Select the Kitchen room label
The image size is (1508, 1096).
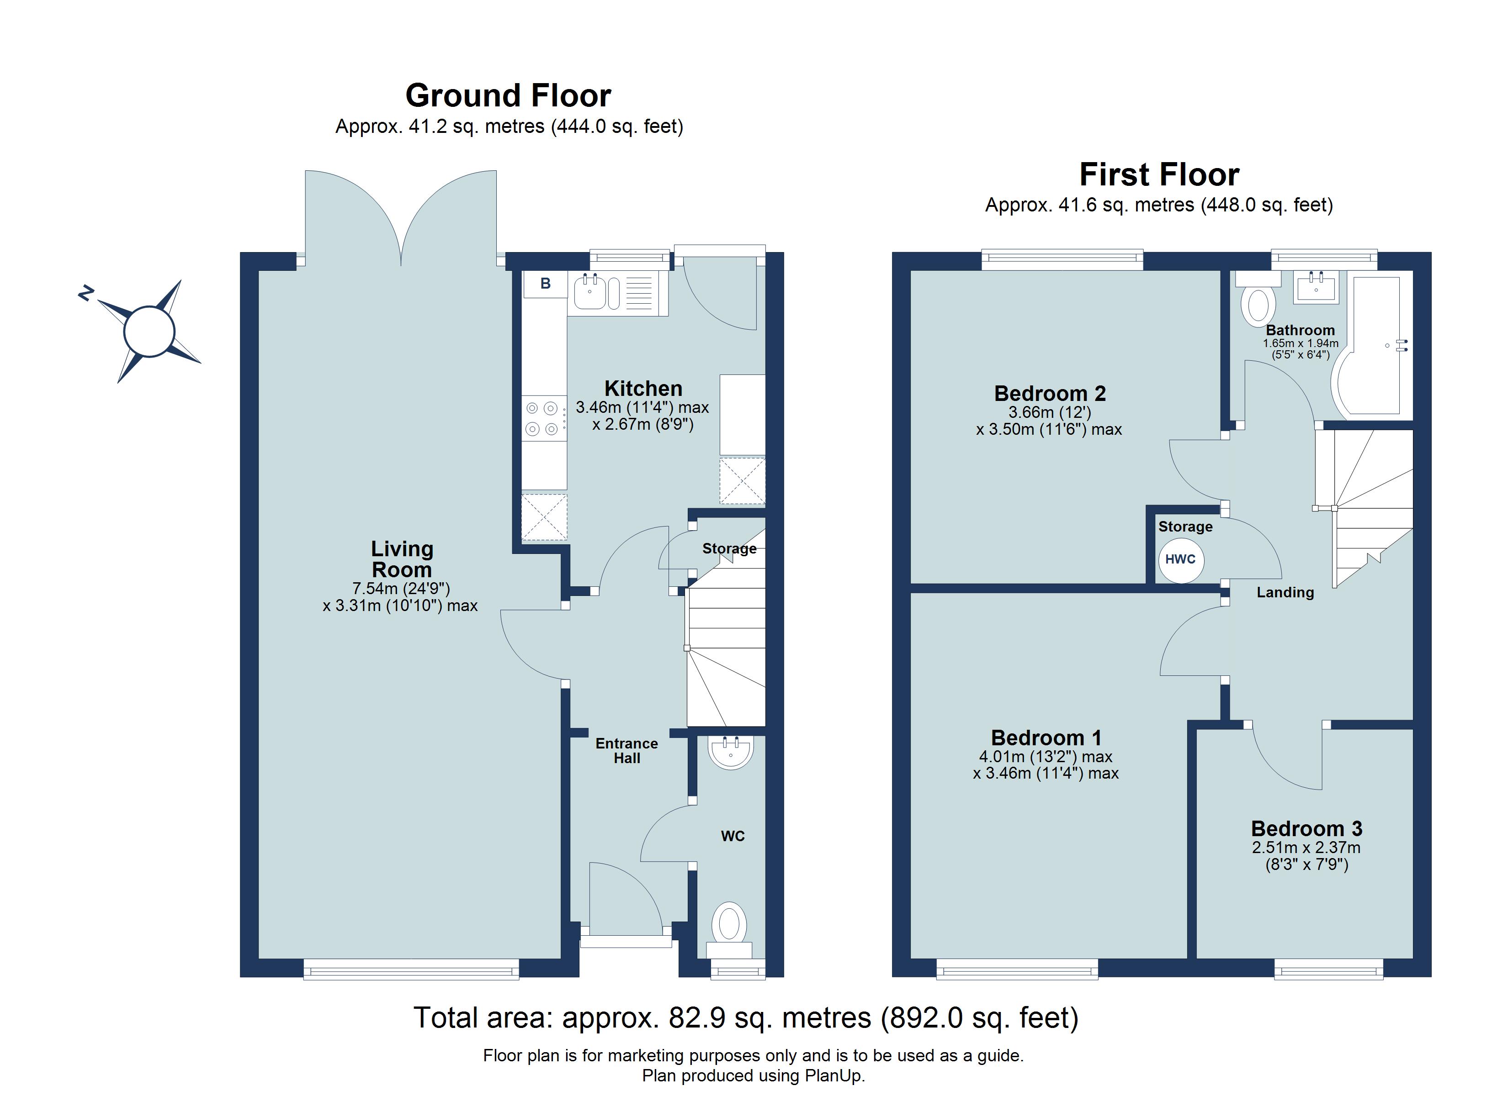tap(643, 388)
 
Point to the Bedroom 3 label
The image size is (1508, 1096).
tap(1306, 829)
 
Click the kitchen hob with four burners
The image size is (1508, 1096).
tap(544, 418)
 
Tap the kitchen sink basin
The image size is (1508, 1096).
tap(590, 294)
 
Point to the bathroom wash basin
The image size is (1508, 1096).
tap(1316, 287)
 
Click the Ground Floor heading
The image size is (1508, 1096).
tap(508, 96)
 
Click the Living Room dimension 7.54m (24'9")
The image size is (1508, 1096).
tap(401, 588)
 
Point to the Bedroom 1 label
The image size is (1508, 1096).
tap(1046, 738)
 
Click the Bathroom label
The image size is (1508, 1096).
tap(1300, 330)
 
